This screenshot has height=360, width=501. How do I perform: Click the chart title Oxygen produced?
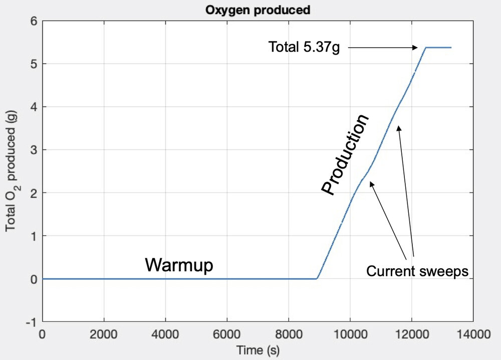pos(258,10)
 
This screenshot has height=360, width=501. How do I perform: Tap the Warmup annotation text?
pos(179,265)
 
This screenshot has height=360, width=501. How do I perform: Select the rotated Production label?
pos(345,154)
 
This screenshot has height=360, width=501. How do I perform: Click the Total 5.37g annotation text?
pos(304,48)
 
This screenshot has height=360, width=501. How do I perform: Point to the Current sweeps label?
pos(417,271)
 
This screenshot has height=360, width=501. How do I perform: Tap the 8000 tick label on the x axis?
pos(289,332)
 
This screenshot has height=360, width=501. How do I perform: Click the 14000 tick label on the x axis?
pos(473,332)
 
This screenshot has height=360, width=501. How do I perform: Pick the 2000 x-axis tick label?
pos(104,332)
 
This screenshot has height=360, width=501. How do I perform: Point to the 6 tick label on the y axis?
pos(34,21)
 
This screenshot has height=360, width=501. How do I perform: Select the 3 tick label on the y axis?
pos(34,149)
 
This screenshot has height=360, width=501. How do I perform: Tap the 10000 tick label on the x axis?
pos(350,332)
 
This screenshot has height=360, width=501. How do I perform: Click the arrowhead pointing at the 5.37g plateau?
pos(415,48)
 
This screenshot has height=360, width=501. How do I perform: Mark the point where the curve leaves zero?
pos(317,278)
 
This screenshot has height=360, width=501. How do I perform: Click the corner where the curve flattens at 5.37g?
pos(425,48)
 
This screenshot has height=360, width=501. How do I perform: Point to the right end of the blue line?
pos(451,48)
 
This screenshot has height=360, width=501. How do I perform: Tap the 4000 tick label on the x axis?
pos(165,332)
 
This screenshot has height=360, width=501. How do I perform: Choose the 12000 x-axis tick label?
pos(411,332)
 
